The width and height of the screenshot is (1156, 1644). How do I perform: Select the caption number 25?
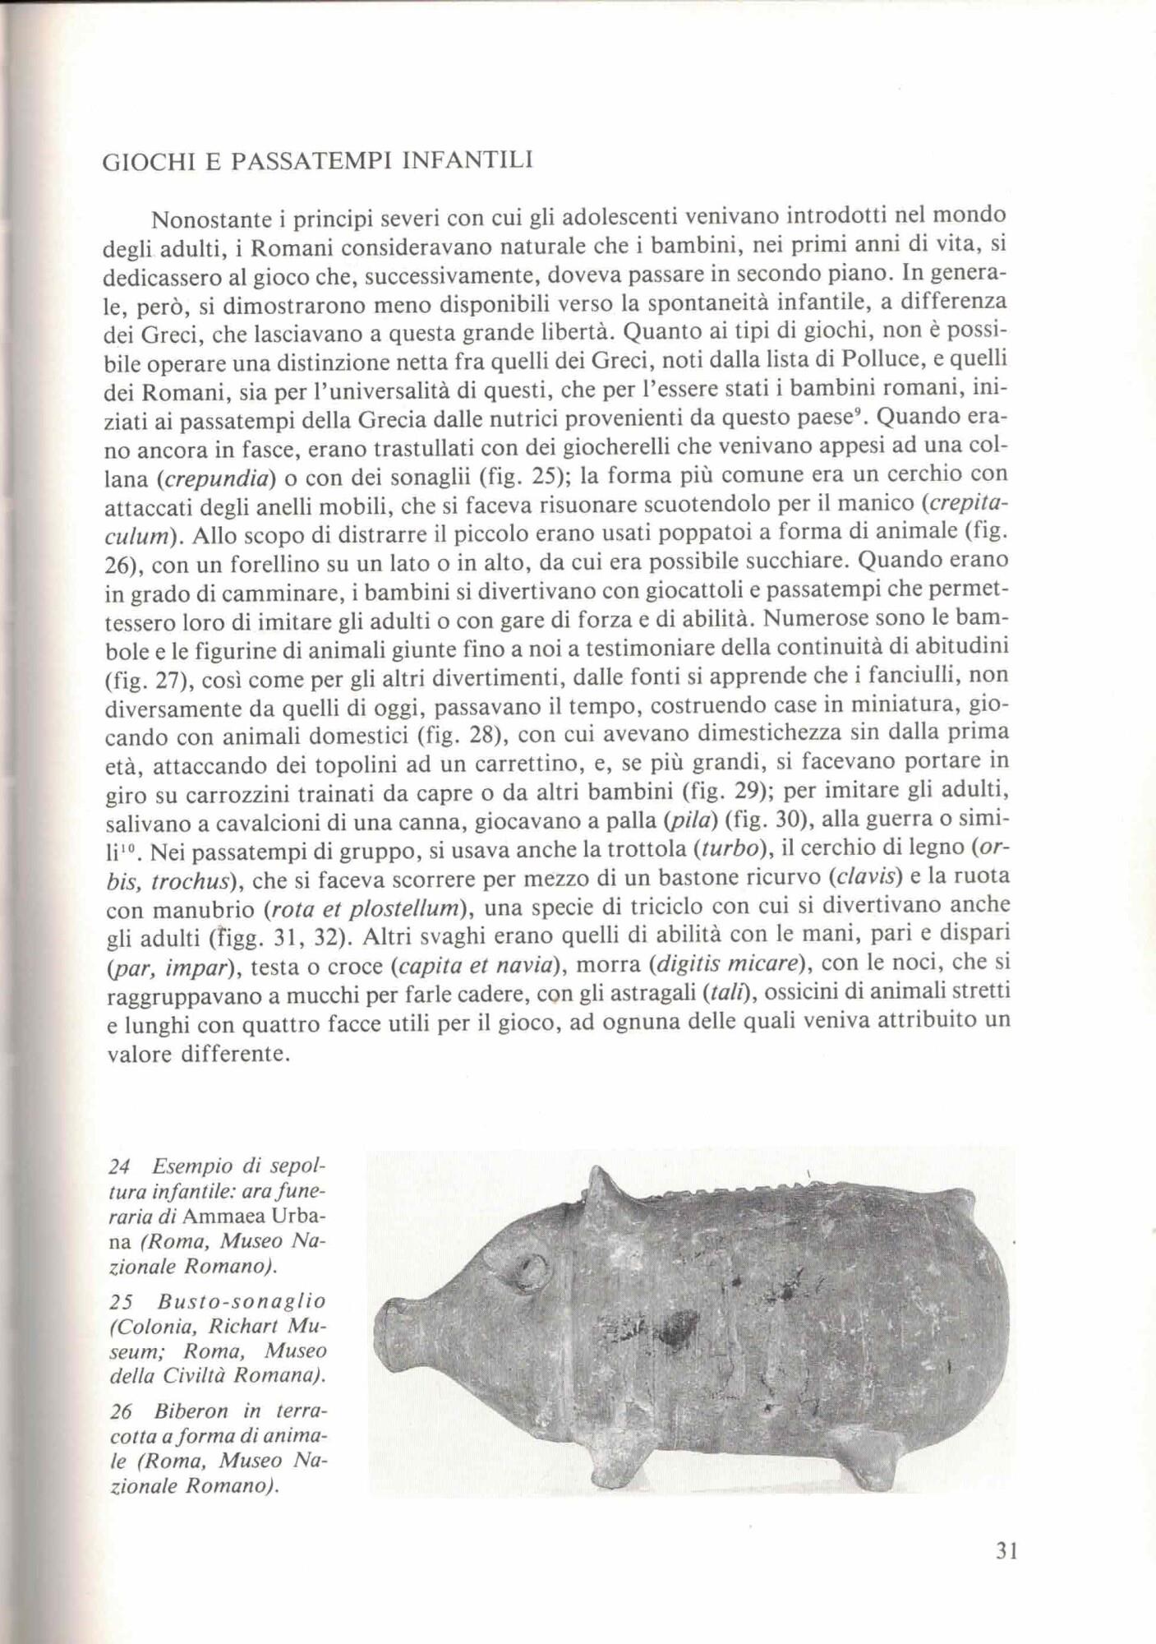click(121, 1300)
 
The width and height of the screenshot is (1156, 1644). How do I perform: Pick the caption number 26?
click(121, 1411)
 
